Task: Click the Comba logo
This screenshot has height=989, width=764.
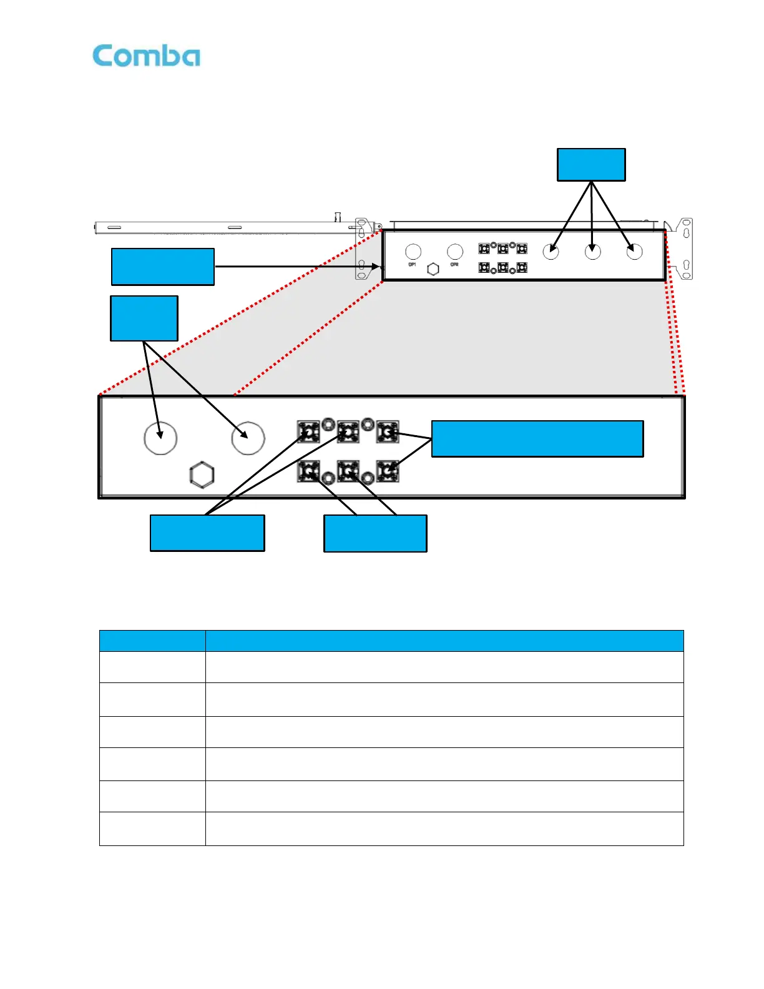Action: tap(146, 56)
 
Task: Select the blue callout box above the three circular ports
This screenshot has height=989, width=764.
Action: tap(591, 165)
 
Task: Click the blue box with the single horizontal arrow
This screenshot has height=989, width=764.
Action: tap(163, 267)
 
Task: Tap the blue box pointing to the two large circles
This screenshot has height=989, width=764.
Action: tap(144, 318)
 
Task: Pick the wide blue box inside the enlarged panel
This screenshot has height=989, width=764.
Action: tap(537, 439)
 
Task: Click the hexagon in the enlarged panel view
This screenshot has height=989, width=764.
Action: tap(202, 475)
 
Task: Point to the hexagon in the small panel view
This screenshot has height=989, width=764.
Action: tap(433, 269)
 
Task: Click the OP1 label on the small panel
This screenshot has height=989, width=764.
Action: tap(412, 265)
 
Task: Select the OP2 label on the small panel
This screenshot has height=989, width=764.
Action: tap(454, 265)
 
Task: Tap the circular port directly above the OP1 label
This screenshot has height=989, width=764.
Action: tap(413, 252)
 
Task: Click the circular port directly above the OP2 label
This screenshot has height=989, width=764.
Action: tap(455, 252)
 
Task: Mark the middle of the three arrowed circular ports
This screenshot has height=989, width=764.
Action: tap(592, 252)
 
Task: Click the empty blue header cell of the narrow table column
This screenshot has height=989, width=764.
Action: tap(152, 641)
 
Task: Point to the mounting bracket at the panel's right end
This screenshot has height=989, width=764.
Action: tap(682, 248)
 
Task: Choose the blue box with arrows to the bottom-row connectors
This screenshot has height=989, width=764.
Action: tap(375, 533)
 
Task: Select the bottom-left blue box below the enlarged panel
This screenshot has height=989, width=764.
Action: tap(207, 533)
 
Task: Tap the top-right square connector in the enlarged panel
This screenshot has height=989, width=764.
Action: tap(388, 431)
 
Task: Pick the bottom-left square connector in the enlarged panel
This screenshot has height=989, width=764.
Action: tap(308, 471)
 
